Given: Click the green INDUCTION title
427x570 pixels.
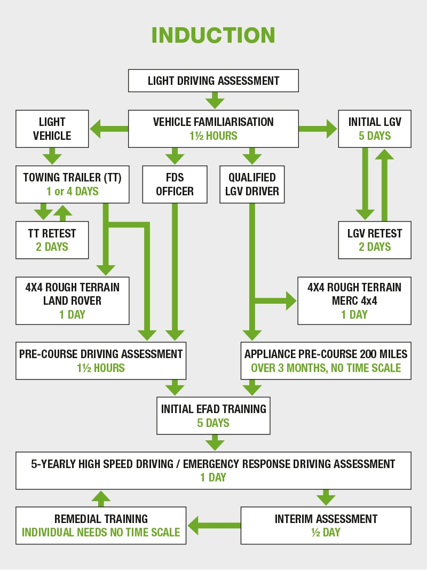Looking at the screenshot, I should (213, 35).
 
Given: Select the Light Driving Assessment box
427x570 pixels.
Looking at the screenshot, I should (213, 81).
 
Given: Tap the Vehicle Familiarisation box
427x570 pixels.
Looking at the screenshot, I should (213, 129).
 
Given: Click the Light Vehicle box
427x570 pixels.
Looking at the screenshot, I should (52, 129).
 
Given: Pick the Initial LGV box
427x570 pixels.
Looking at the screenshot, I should (375, 129).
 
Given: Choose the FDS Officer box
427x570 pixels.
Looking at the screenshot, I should (175, 184).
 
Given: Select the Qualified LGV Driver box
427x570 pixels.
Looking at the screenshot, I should (252, 184).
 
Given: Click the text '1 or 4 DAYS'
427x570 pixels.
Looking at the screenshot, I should (72, 191).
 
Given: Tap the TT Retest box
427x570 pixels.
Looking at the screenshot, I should (52, 240).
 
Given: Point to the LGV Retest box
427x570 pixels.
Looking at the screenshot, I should (375, 240).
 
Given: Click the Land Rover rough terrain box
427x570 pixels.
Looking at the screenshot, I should (72, 300).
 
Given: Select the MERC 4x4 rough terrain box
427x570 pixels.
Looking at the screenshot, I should (354, 300).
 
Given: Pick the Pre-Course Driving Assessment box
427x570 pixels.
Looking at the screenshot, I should (101, 360).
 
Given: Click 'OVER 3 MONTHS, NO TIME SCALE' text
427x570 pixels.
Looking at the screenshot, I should (326, 368).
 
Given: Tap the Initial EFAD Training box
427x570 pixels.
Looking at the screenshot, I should (213, 415).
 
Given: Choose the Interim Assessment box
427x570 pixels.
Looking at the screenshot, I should (326, 525).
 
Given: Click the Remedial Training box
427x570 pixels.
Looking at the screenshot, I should (101, 525).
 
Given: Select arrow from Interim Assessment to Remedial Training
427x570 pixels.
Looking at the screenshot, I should (213, 525).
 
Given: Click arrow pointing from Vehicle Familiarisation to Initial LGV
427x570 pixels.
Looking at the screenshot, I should (318, 129).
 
